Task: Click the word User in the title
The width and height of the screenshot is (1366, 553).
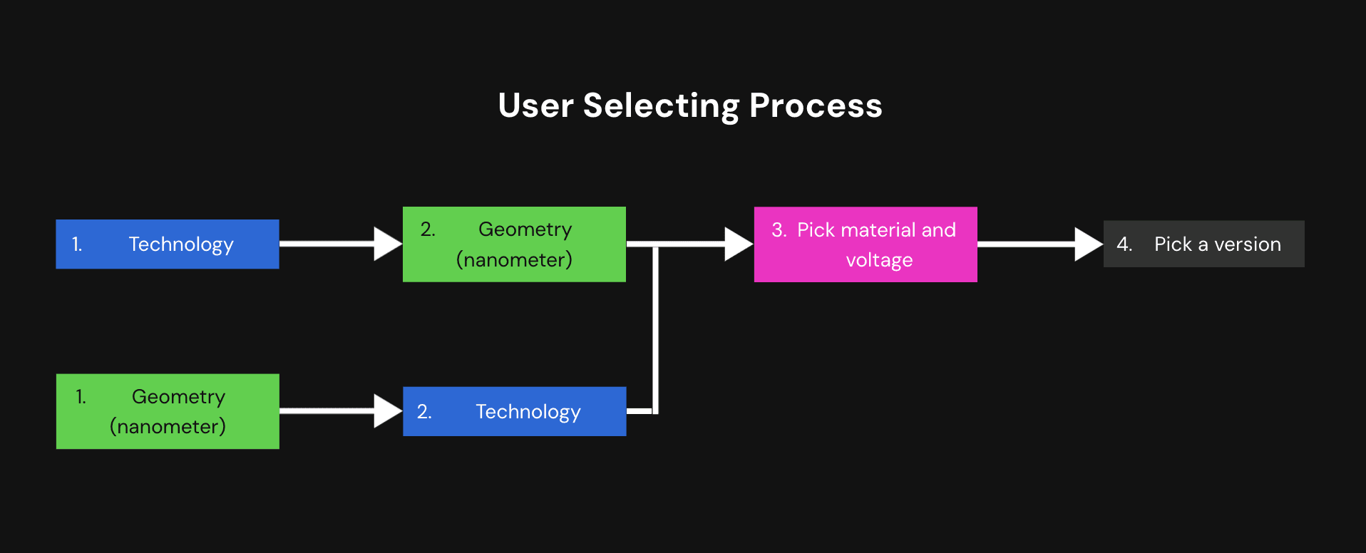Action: click(x=535, y=105)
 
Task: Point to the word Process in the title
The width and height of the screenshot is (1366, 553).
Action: click(x=816, y=105)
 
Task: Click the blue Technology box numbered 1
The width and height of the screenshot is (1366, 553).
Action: click(x=168, y=244)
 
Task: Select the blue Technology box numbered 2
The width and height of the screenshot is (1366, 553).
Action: click(x=515, y=411)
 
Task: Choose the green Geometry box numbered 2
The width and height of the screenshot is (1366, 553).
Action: click(x=514, y=244)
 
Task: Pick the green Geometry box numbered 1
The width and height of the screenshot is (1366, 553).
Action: click(x=168, y=411)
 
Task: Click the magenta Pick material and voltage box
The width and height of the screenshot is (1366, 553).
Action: click(x=866, y=244)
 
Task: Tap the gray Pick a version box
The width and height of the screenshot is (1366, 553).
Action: click(x=1204, y=244)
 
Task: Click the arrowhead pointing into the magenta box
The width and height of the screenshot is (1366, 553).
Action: click(x=739, y=244)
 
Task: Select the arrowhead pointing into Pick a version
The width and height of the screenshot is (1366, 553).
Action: click(x=1089, y=244)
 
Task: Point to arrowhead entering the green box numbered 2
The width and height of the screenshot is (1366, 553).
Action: click(x=389, y=244)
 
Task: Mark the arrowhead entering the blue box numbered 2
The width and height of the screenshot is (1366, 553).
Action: click(x=389, y=411)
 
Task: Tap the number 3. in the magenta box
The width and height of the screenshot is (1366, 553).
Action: click(x=779, y=229)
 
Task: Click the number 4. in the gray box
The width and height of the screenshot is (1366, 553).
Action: click(x=1124, y=244)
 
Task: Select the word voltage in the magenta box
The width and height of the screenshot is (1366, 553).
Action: click(x=879, y=260)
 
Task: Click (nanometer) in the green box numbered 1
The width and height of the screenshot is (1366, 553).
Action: click(x=168, y=426)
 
